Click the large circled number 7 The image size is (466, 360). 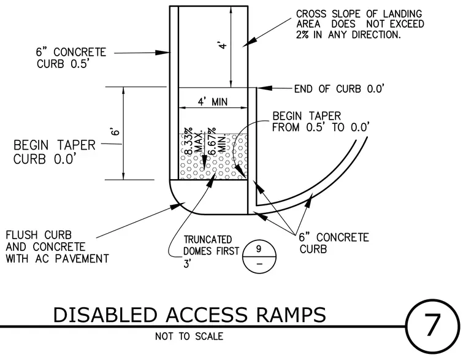click(x=432, y=326)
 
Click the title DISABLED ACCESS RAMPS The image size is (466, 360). click(x=189, y=315)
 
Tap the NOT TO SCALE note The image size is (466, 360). click(x=189, y=336)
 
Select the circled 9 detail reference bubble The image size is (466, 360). click(x=259, y=256)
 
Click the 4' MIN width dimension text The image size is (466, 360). click(x=213, y=102)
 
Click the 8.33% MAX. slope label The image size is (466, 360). click(x=194, y=142)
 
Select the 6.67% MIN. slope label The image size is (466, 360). click(x=216, y=142)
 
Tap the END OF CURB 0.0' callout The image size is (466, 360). click(x=339, y=89)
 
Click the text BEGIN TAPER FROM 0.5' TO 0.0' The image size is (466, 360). click(x=321, y=121)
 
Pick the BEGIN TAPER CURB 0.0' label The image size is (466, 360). click(x=55, y=152)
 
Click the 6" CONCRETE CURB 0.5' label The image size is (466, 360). click(x=71, y=58)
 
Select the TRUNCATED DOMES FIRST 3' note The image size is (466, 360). click(x=212, y=251)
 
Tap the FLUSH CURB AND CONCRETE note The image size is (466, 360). click(x=58, y=247)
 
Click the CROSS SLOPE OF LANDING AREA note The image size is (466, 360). click(x=360, y=24)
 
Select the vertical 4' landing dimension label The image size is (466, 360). click(x=223, y=45)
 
